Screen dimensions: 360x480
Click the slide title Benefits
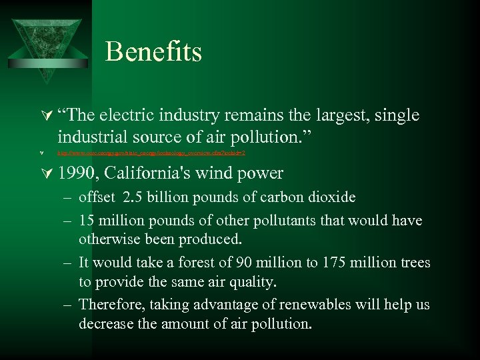(x=153, y=51)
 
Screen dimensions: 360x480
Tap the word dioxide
(x=331, y=197)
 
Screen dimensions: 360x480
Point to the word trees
(x=413, y=263)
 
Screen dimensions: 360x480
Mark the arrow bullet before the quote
(x=44, y=116)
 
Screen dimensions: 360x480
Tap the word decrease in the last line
(x=105, y=325)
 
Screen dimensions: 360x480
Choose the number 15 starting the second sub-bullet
(x=87, y=220)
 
